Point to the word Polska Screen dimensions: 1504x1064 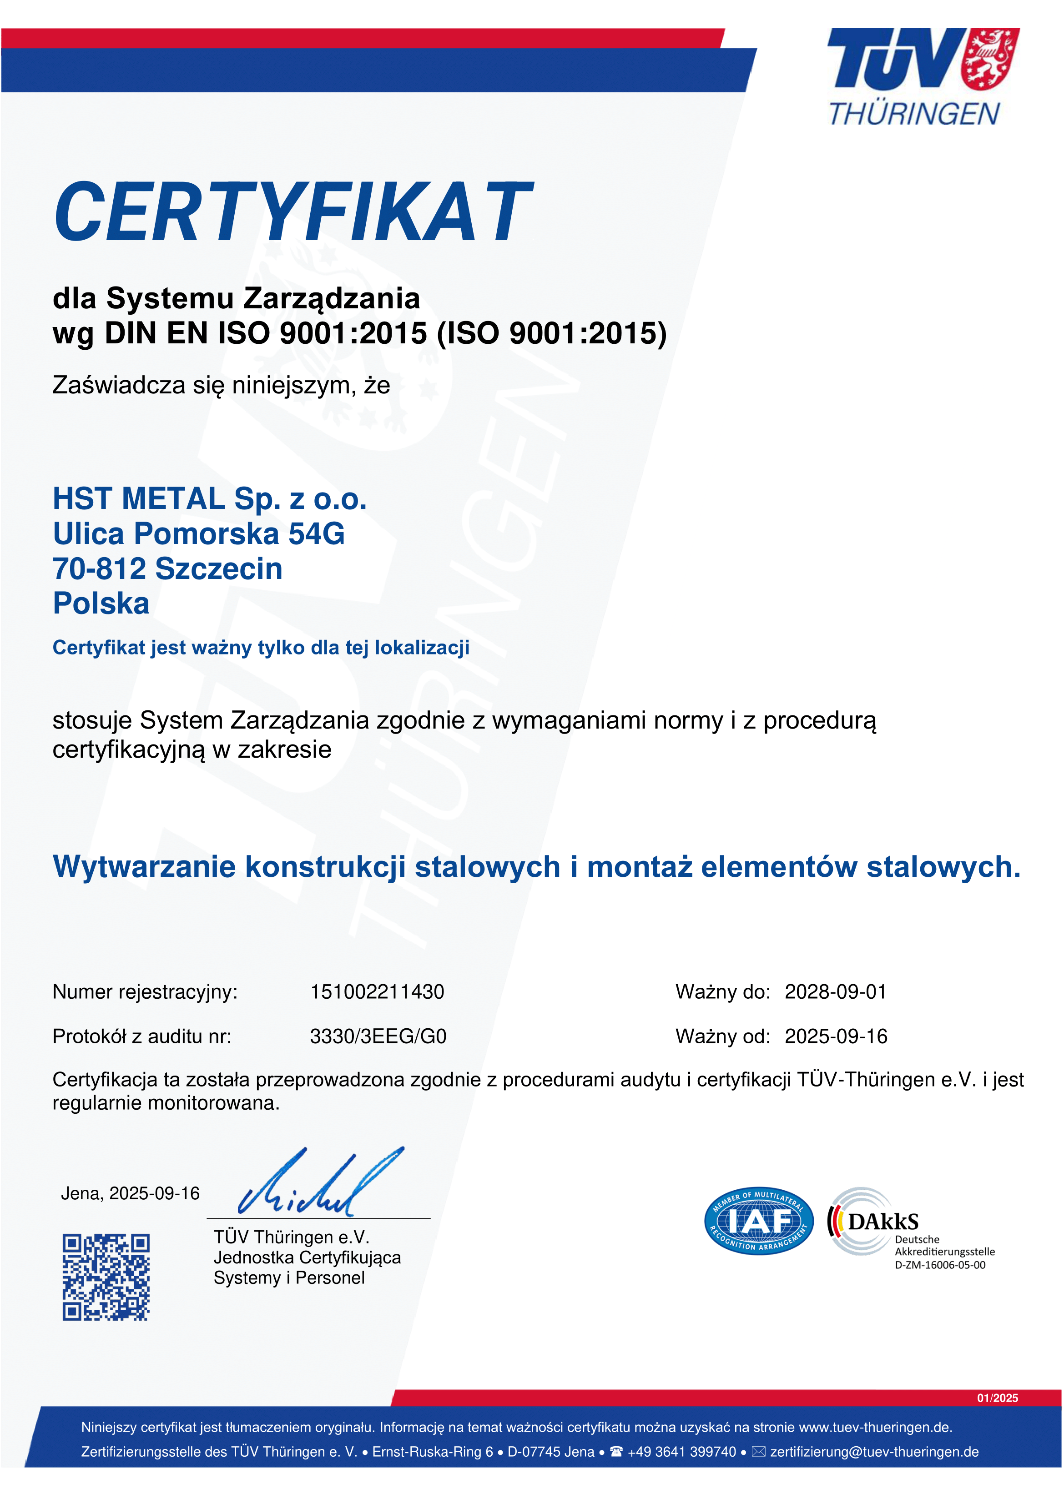[101, 604]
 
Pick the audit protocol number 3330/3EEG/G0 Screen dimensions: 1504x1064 [378, 1036]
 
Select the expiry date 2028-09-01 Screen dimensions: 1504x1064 [835, 992]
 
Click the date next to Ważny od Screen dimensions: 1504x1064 [836, 1036]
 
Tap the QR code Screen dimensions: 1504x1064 [106, 1278]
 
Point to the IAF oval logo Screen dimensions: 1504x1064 [759, 1221]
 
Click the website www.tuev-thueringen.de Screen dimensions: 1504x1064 [875, 1427]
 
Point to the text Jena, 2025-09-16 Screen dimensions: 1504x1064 [131, 1193]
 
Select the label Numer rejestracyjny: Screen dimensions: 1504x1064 [145, 992]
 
